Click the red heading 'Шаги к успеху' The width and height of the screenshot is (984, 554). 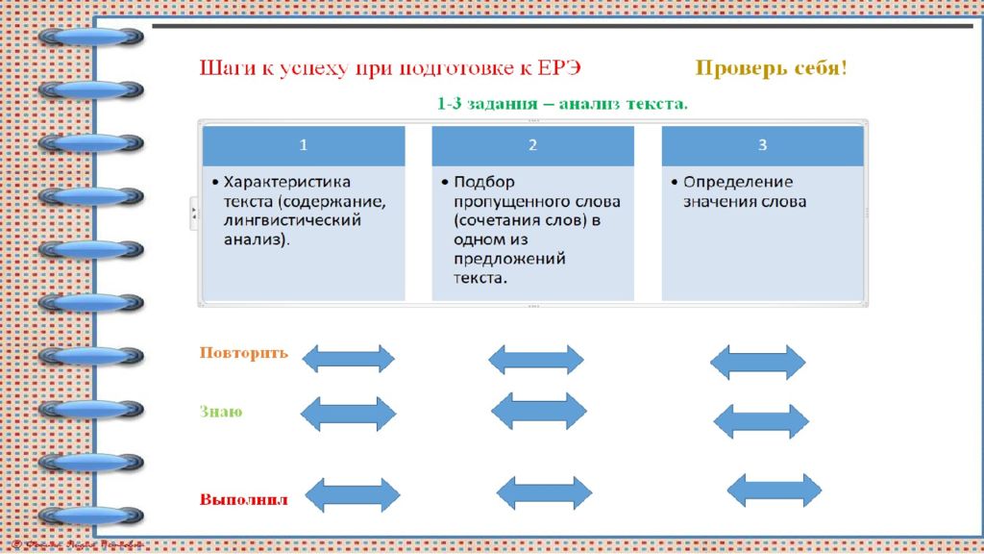(390, 69)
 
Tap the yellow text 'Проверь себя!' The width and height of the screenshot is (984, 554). (772, 68)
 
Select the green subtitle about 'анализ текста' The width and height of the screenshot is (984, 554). (562, 103)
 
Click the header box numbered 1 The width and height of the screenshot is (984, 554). (304, 145)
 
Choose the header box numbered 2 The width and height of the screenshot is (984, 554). (532, 145)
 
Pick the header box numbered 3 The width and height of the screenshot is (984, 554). (762, 145)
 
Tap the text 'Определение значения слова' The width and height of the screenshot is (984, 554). (744, 191)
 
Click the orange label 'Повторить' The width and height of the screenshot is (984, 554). (243, 352)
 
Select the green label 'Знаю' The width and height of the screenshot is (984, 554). (221, 412)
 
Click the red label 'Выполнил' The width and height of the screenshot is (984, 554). (244, 500)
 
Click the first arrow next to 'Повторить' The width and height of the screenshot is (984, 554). (348, 359)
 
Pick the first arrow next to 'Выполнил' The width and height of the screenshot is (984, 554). (352, 495)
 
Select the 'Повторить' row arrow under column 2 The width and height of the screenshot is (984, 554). (535, 360)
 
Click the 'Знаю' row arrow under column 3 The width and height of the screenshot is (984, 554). (761, 421)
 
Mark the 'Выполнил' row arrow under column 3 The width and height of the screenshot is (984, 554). (775, 491)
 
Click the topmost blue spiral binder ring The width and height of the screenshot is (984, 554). (91, 38)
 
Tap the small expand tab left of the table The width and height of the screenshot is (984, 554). (192, 212)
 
